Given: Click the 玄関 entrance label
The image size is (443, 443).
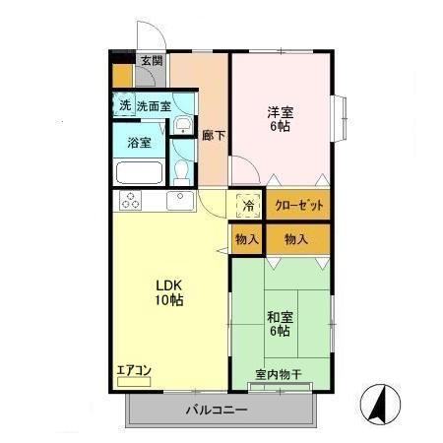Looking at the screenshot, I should (151, 61).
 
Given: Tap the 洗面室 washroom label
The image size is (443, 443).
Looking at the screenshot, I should (154, 105).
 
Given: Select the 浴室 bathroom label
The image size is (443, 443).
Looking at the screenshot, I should (139, 142).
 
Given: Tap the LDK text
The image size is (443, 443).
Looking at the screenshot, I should (164, 286).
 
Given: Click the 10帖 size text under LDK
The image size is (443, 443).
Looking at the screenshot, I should (164, 302).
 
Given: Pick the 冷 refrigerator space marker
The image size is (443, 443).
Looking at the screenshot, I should (248, 205).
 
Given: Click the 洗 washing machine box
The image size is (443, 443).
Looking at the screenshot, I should (124, 104).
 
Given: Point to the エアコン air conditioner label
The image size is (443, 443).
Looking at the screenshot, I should (134, 370).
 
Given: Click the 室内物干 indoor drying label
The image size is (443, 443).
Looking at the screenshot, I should (277, 374).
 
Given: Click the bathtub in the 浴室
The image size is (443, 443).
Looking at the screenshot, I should (139, 172).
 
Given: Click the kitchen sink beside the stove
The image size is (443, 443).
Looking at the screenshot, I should (179, 201).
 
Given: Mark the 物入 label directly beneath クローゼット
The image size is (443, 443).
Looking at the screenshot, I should (295, 239).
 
